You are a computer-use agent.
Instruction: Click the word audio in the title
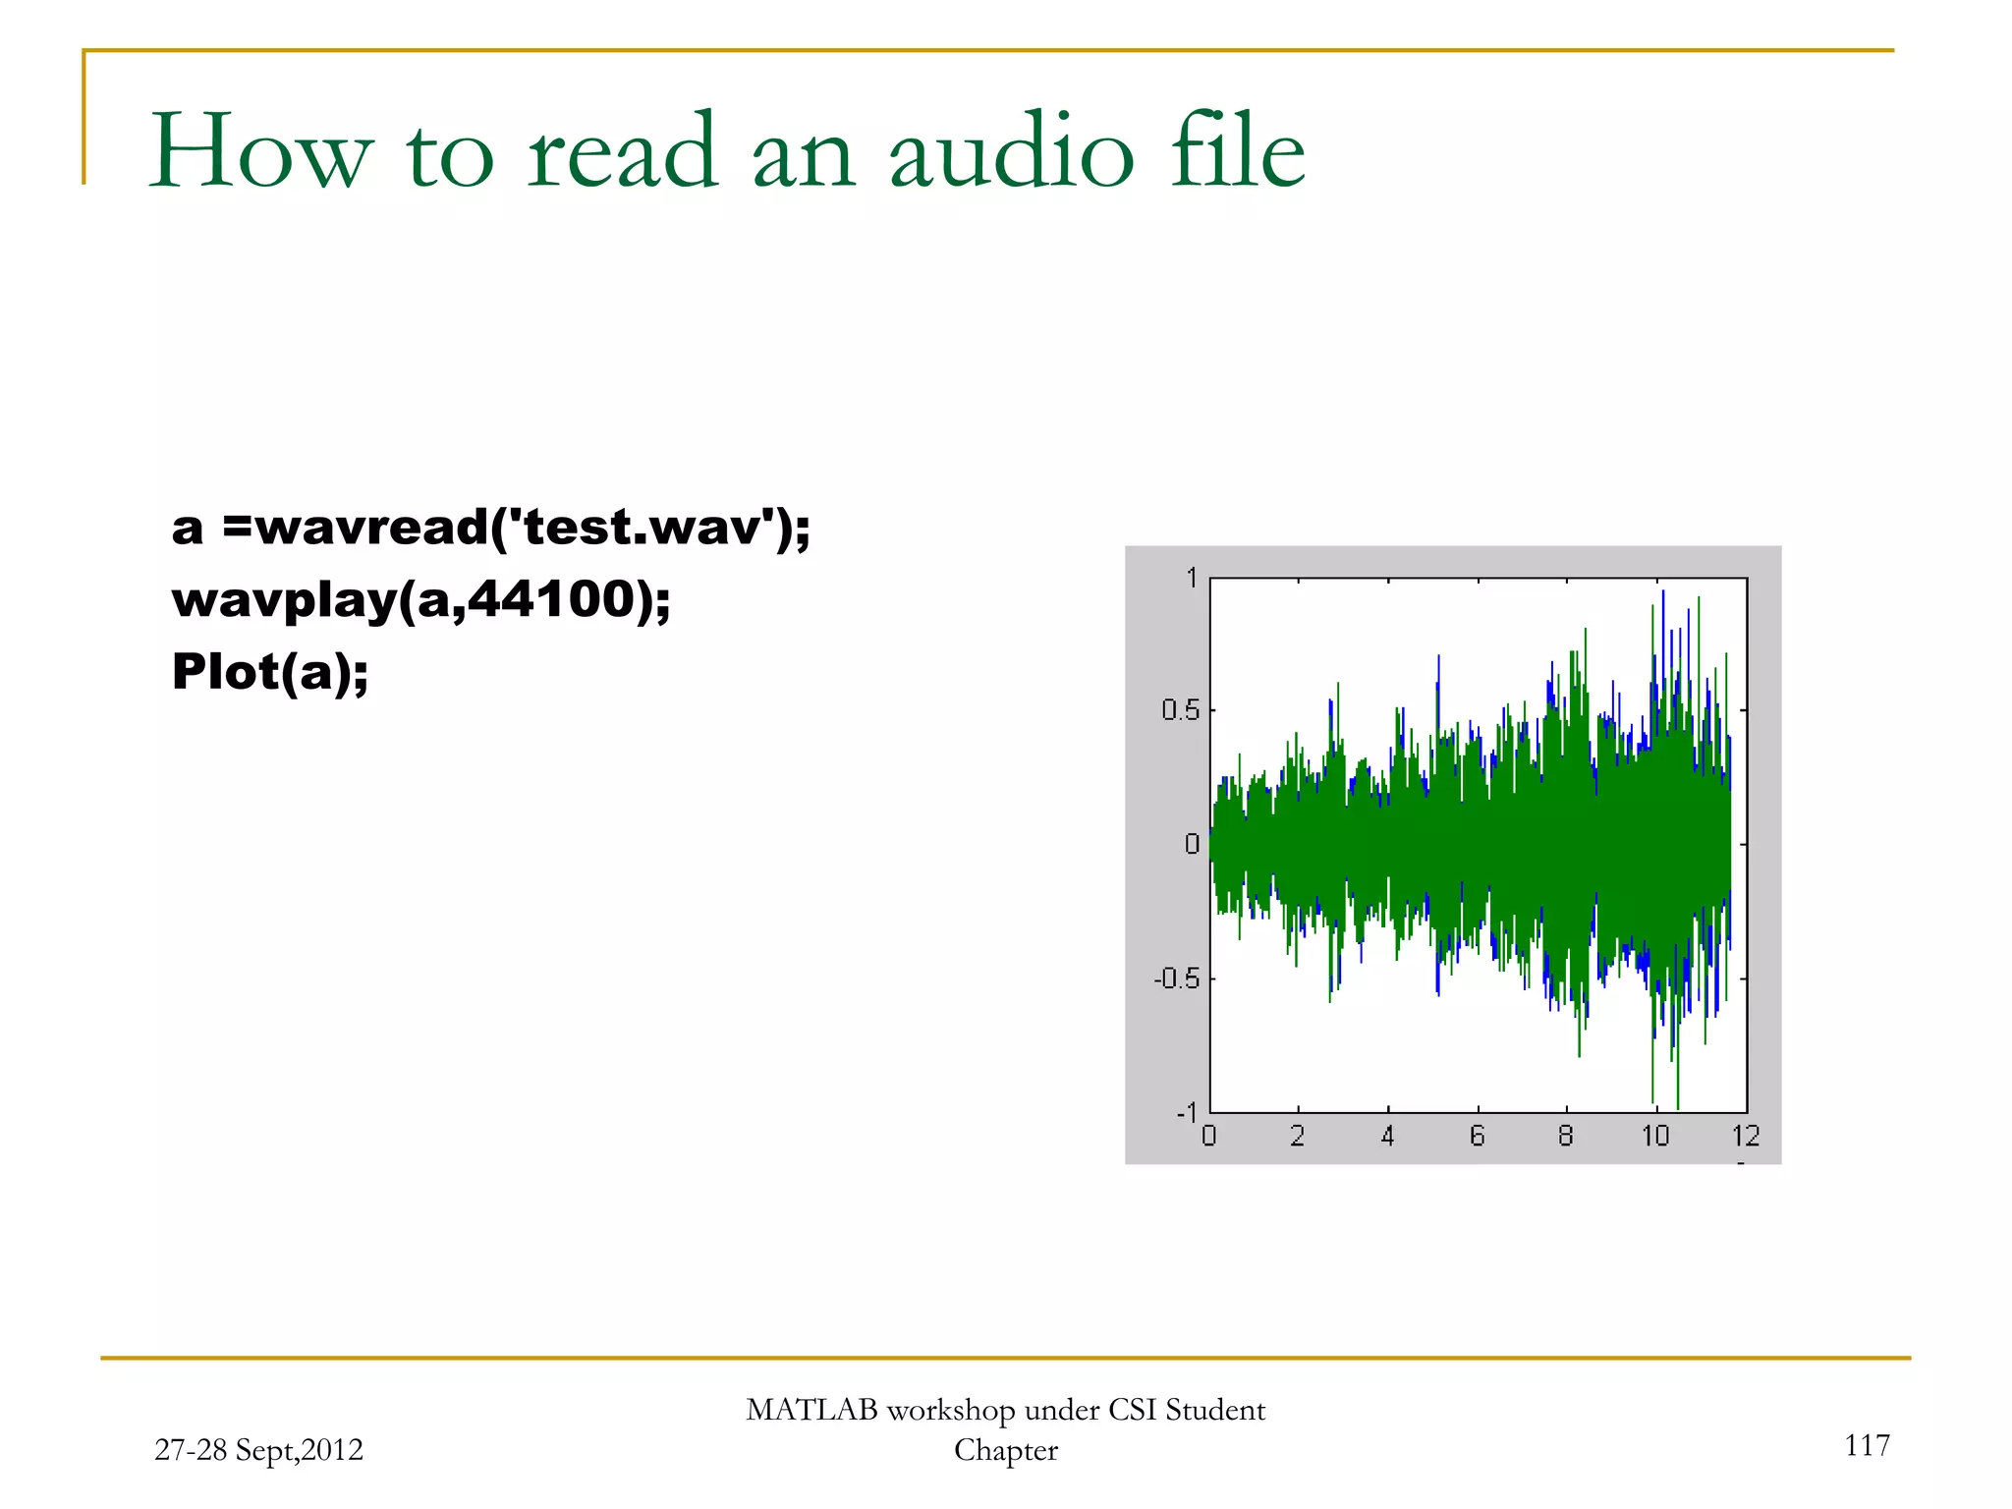point(1012,152)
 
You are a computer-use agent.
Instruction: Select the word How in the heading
point(261,152)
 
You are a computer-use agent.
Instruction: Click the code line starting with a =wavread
point(490,528)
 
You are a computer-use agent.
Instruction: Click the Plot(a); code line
point(269,672)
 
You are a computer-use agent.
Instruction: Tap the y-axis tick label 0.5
point(1180,710)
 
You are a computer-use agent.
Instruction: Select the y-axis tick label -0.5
point(1176,978)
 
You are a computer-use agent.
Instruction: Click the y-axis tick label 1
point(1192,578)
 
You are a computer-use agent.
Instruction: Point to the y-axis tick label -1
point(1187,1113)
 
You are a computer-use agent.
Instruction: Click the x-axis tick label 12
point(1745,1137)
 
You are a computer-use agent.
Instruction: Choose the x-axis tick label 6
point(1477,1137)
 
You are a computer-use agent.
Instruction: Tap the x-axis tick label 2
point(1297,1137)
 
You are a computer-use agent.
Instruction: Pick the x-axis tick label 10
point(1655,1137)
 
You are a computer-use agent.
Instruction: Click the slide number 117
point(1867,1445)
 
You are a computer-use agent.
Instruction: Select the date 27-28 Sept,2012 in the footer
point(258,1450)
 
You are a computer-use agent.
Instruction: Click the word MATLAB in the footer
point(810,1410)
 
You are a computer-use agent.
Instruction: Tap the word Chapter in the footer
point(1005,1450)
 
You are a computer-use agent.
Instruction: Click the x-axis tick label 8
point(1566,1137)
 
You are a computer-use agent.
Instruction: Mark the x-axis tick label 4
point(1387,1137)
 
